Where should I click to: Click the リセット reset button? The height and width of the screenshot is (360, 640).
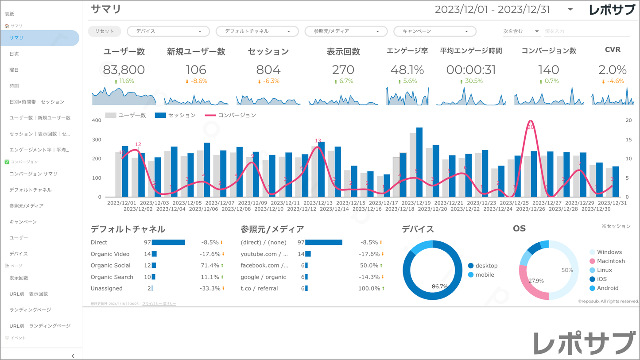(x=104, y=31)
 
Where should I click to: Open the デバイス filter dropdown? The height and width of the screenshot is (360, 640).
(x=168, y=31)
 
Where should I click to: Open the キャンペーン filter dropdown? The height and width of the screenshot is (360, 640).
(x=434, y=31)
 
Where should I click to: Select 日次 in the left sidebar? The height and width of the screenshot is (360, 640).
(x=14, y=54)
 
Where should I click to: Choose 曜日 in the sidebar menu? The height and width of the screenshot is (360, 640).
(x=14, y=70)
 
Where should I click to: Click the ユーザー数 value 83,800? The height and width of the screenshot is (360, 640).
(x=124, y=70)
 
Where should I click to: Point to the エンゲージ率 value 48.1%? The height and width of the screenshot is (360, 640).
(x=407, y=70)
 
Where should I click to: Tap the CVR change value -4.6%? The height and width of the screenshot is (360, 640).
(x=616, y=81)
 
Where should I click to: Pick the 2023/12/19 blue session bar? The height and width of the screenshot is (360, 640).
(x=419, y=162)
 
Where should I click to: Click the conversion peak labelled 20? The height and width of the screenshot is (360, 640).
(x=531, y=127)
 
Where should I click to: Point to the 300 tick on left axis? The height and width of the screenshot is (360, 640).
(x=96, y=139)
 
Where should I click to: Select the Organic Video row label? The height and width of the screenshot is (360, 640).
(x=110, y=254)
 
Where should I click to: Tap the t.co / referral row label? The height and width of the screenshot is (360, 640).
(x=259, y=289)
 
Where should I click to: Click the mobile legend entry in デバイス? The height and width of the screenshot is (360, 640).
(x=484, y=275)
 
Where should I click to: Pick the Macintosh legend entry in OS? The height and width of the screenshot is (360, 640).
(x=610, y=261)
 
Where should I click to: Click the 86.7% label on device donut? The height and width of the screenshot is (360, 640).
(x=439, y=286)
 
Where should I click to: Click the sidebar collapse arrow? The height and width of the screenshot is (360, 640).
(x=73, y=356)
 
